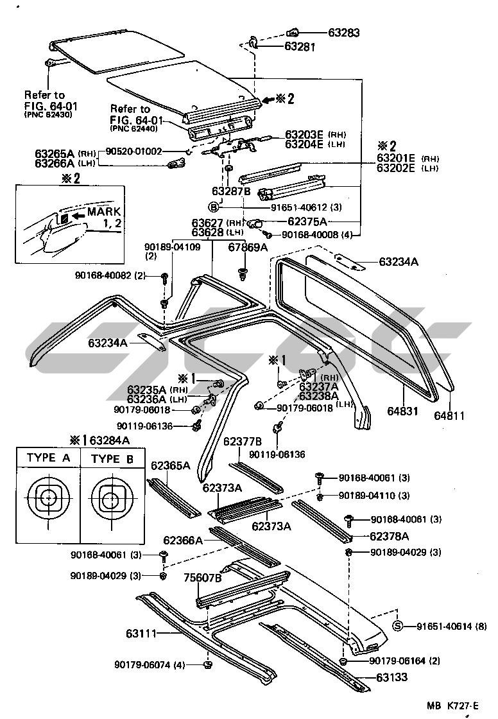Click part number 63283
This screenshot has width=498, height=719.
344,32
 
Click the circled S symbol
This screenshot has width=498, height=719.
397,627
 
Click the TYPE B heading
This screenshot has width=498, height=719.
113,458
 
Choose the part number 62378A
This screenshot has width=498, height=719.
389,535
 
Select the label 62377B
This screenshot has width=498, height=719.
243,442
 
